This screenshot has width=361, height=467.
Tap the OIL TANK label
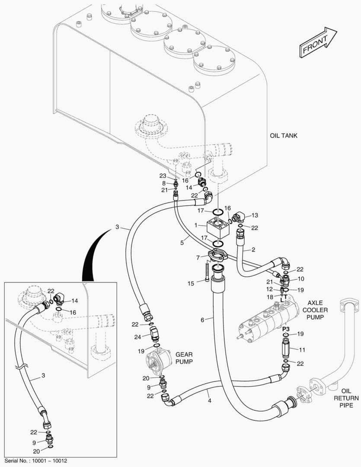pos(283,135)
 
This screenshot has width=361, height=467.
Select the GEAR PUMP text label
pos(184,358)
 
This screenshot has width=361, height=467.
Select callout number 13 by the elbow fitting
pos(254,215)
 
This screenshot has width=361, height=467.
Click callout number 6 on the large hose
pos(202,320)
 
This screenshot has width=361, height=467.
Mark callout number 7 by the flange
pos(198,258)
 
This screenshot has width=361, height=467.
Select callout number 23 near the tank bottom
pos(163,176)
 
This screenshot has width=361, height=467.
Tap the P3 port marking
pos(285,329)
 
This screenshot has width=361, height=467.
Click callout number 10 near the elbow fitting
pos(300,278)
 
